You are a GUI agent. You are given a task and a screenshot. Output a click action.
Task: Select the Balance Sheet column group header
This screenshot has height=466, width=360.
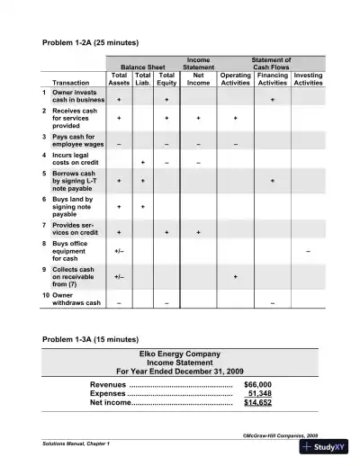point(143,66)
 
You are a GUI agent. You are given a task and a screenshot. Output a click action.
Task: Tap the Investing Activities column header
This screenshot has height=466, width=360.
point(309,78)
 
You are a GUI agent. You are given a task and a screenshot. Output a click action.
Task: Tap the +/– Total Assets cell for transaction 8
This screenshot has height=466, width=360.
point(120,250)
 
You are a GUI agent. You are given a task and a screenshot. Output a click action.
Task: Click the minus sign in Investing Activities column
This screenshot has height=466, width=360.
point(309,250)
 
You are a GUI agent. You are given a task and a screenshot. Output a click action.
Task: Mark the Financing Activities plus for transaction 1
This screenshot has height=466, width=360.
point(273,100)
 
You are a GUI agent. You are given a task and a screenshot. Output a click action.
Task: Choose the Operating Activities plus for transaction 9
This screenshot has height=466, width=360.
point(236,277)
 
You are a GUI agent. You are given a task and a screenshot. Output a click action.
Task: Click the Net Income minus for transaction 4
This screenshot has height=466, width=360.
point(198,163)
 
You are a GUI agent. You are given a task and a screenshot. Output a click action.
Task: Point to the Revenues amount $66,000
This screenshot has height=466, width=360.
point(257,384)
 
